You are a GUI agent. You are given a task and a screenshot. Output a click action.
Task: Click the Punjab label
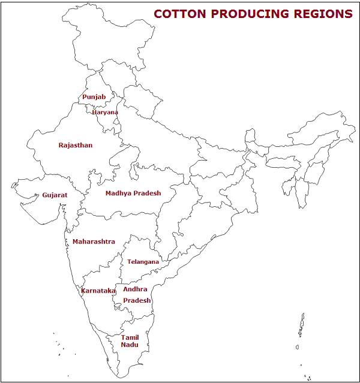pyautogui.click(x=94, y=97)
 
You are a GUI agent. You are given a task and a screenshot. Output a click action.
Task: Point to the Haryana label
pyautogui.click(x=105, y=112)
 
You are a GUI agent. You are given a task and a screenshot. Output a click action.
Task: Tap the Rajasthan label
pyautogui.click(x=75, y=145)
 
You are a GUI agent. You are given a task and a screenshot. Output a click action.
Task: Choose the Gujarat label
pyautogui.click(x=55, y=195)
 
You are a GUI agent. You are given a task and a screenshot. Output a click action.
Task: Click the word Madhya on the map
pyautogui.click(x=118, y=193)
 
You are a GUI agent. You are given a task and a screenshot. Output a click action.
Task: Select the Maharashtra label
pyautogui.click(x=94, y=242)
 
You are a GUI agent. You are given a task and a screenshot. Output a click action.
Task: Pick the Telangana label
pyautogui.click(x=143, y=262)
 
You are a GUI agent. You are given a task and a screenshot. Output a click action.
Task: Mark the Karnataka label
pyautogui.click(x=98, y=291)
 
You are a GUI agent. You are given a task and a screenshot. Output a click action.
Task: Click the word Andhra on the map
pyautogui.click(x=135, y=289)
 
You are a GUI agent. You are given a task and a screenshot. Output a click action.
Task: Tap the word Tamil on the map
pyautogui.click(x=130, y=337)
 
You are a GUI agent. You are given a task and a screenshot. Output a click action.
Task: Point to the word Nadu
pyautogui.click(x=129, y=345)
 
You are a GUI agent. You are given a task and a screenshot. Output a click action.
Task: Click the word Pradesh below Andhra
pyautogui.click(x=137, y=300)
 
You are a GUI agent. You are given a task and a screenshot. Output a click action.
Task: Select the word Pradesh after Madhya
pyautogui.click(x=147, y=193)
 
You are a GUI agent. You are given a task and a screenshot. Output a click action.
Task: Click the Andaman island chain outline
pyautogui.click(x=302, y=327)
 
